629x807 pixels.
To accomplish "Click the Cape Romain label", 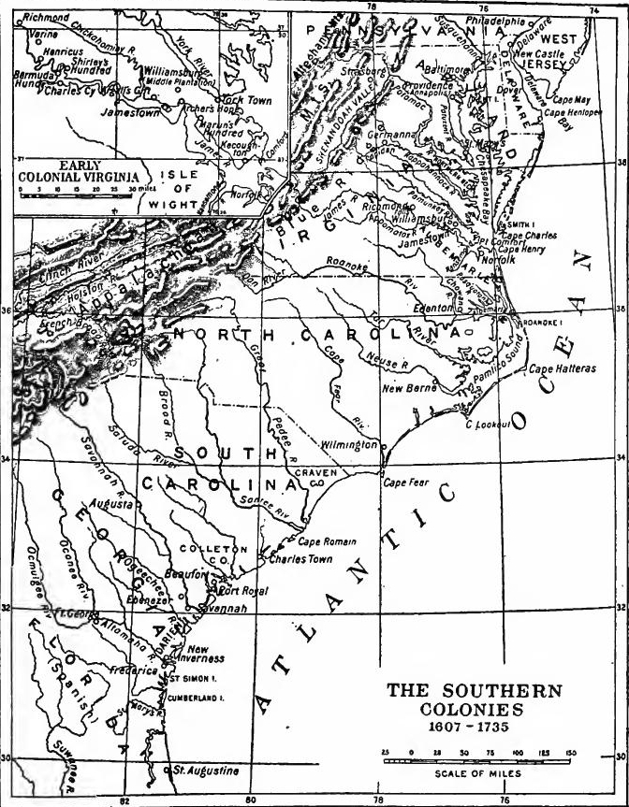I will click(x=325, y=541).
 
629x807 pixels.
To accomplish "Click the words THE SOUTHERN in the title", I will click(x=474, y=692).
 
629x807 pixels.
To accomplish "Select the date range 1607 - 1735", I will click(x=474, y=725).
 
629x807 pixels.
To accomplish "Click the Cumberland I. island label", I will click(x=199, y=698).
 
